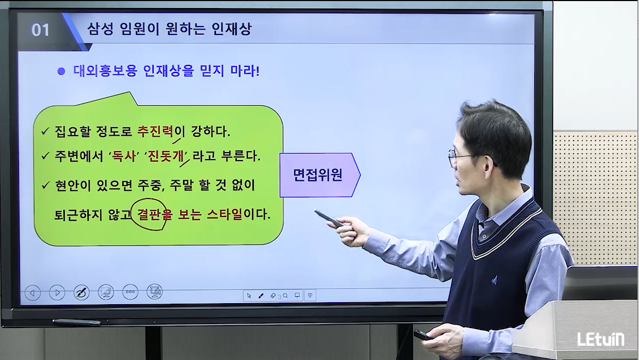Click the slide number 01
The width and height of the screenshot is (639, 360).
[40, 30]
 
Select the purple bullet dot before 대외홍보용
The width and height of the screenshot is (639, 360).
[61, 71]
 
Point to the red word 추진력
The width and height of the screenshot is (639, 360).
[155, 131]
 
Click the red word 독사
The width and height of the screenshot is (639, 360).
[123, 156]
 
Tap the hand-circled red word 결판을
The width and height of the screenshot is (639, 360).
[155, 215]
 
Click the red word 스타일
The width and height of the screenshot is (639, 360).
[225, 214]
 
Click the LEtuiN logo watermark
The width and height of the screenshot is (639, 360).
[601, 339]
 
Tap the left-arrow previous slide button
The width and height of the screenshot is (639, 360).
[32, 292]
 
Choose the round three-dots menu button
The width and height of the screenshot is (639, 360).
[130, 292]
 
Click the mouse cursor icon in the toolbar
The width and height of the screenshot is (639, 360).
[249, 296]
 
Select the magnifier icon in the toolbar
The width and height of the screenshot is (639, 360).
[285, 296]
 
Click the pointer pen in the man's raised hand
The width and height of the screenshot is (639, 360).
[329, 219]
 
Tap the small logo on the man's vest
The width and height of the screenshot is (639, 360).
[494, 280]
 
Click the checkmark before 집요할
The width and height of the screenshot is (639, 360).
[45, 131]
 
